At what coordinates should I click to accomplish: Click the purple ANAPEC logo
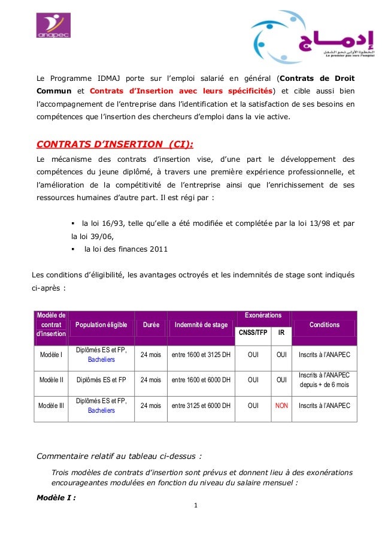click(x=54, y=26)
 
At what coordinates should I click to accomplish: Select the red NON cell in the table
click(x=281, y=406)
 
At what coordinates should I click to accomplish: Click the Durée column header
click(x=151, y=325)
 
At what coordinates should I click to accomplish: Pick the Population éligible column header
click(x=101, y=325)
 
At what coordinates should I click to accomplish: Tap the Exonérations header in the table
click(x=263, y=315)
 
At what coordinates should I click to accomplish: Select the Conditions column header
click(x=324, y=325)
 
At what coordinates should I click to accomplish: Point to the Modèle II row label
click(x=51, y=379)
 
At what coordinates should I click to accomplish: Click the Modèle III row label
click(x=51, y=406)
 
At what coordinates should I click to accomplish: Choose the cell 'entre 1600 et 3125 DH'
click(x=201, y=355)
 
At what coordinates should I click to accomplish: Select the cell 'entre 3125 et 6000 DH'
click(x=201, y=406)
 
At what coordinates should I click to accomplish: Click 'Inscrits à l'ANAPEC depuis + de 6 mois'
click(x=324, y=379)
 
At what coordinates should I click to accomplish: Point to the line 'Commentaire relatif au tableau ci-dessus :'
click(x=119, y=456)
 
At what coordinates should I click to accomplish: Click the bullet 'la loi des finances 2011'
click(x=126, y=249)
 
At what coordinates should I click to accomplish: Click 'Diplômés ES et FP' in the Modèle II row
click(x=101, y=379)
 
